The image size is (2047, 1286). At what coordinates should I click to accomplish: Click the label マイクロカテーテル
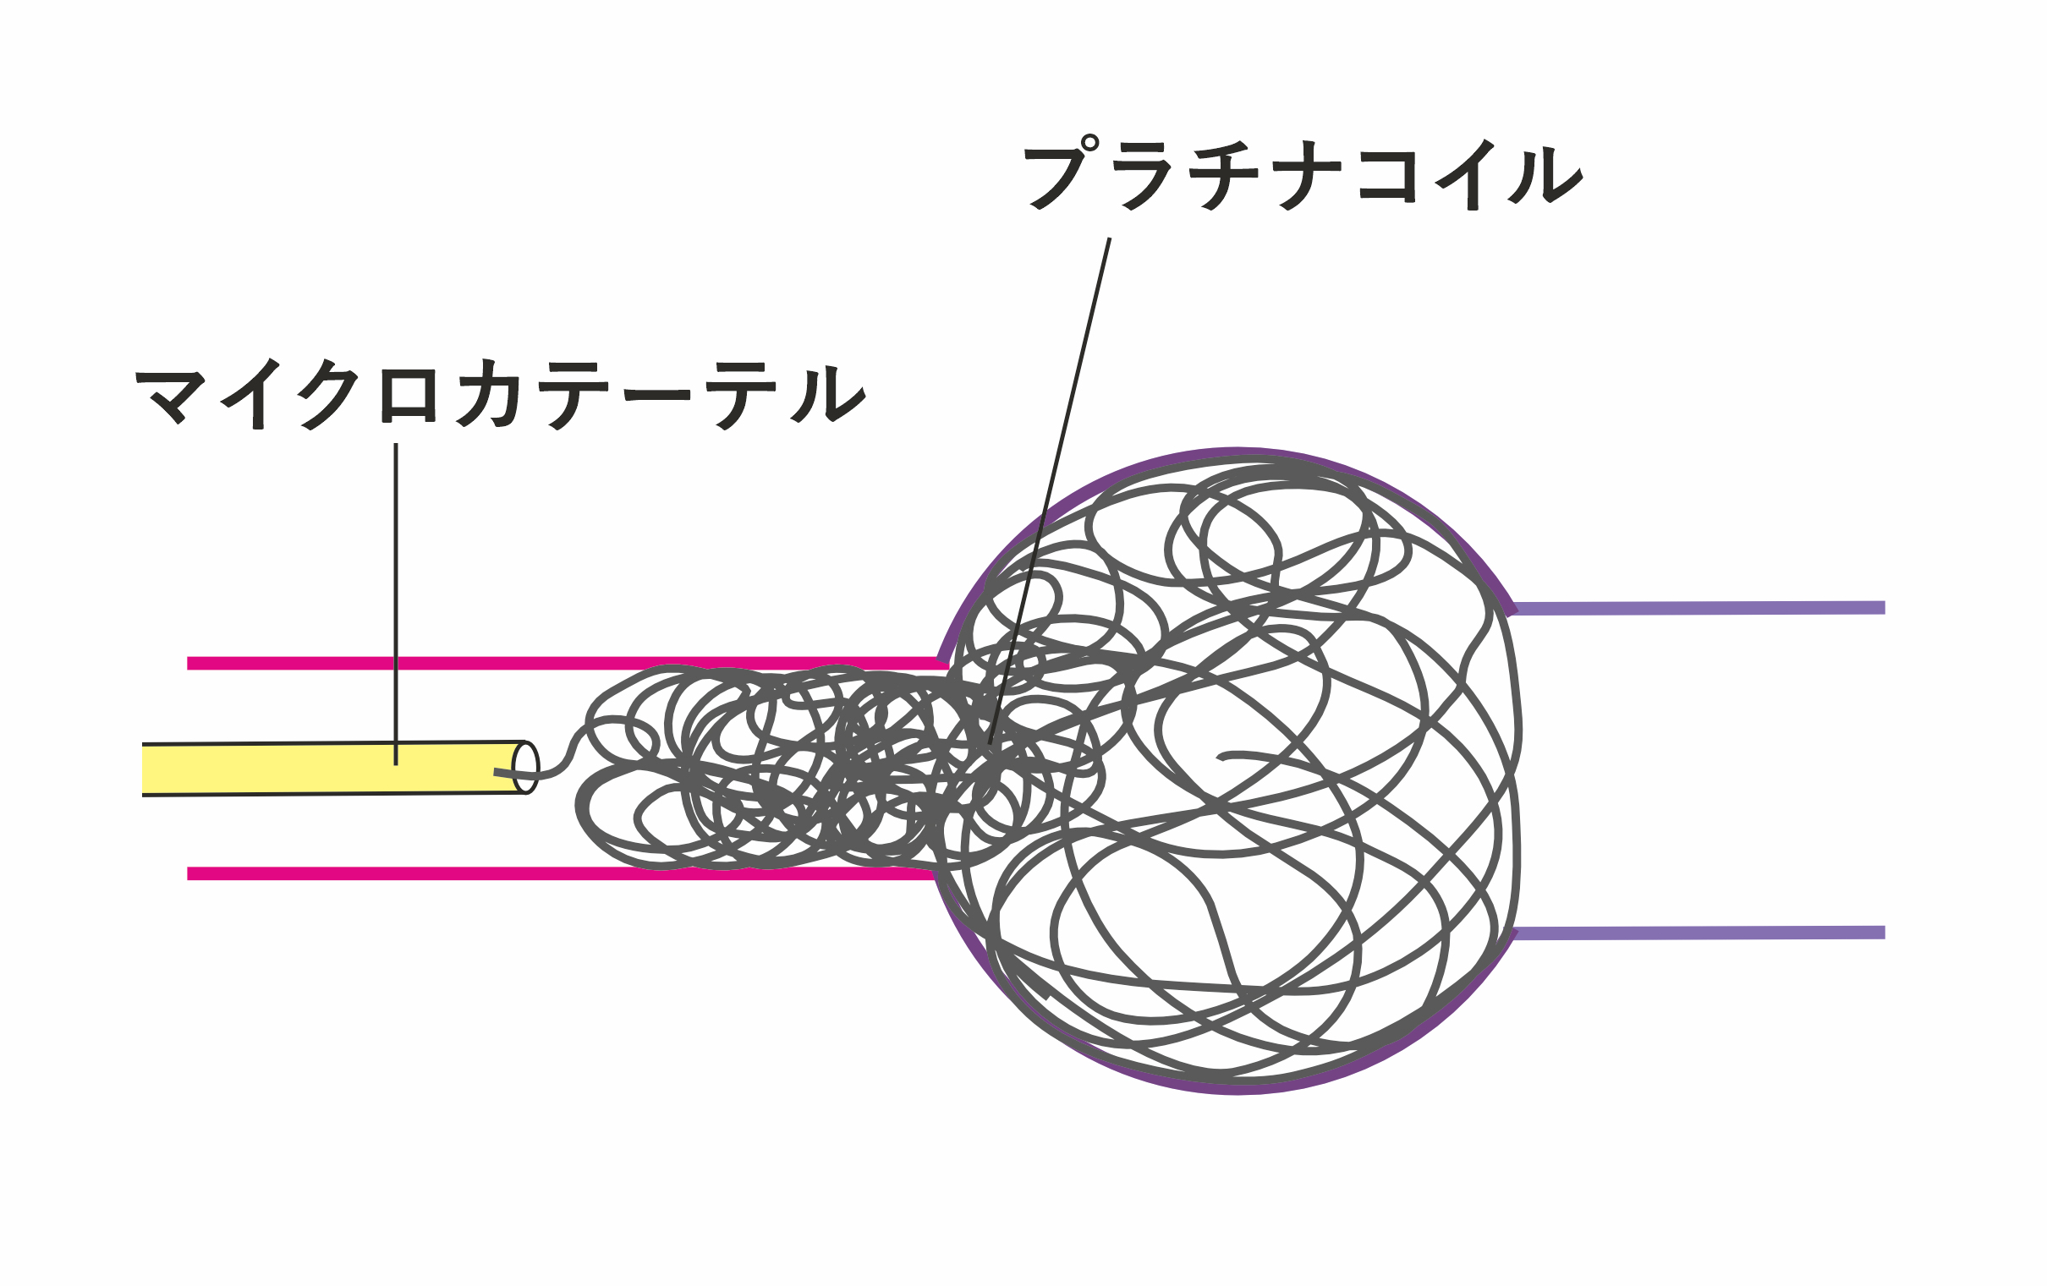coord(500,394)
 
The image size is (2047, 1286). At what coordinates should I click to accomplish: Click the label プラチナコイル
coord(1302,175)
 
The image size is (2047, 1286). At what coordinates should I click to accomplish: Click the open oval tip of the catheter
coord(526,768)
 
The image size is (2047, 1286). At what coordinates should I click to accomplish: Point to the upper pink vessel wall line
coord(510,663)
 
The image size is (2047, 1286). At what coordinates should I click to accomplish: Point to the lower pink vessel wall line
coord(510,873)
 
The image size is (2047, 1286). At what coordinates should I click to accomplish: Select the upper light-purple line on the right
coord(1700,608)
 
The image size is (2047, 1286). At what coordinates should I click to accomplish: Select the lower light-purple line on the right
coord(1700,933)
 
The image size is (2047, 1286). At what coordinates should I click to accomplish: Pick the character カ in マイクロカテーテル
coord(490,394)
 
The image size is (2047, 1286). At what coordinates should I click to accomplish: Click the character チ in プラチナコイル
coord(1222,175)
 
